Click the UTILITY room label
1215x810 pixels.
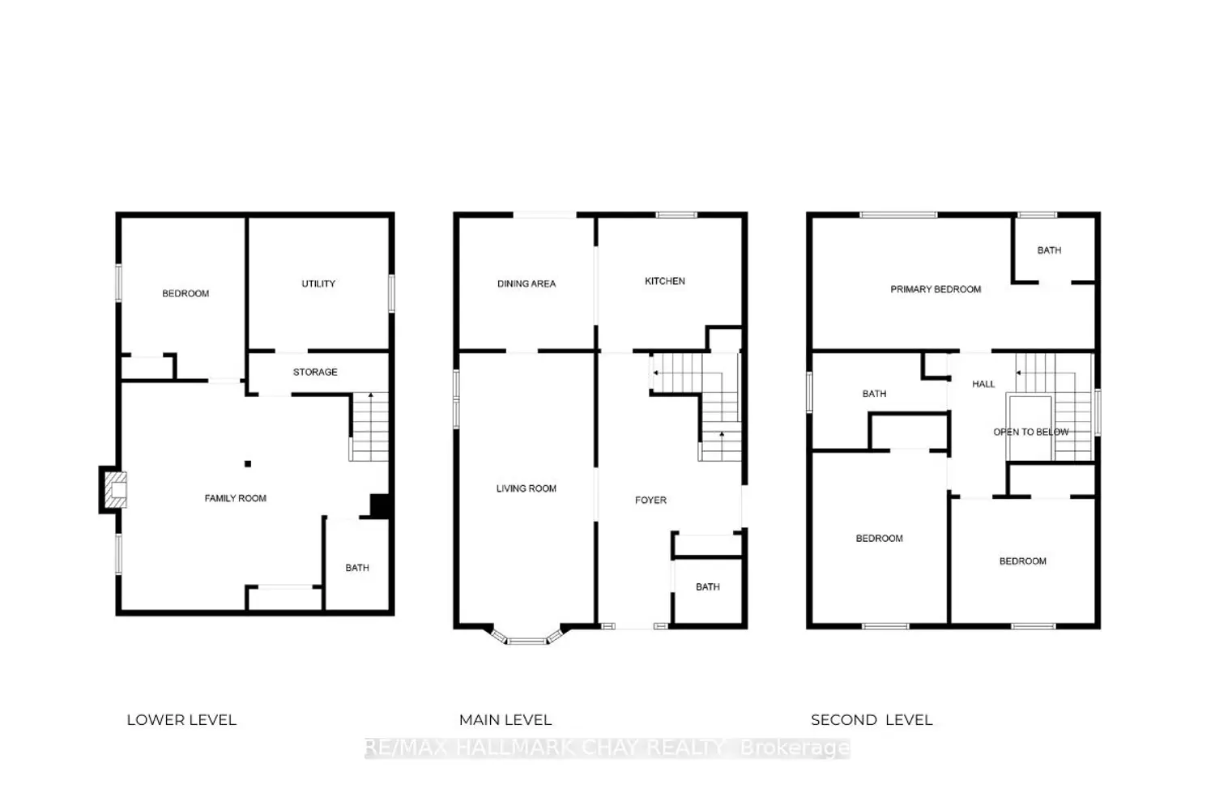(x=318, y=283)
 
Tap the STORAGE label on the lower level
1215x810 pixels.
(x=315, y=372)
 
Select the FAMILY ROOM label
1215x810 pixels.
(x=235, y=498)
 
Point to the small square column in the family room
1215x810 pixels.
(x=248, y=464)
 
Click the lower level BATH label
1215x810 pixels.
(x=357, y=568)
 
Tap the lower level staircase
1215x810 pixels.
(x=370, y=427)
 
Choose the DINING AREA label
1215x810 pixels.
(x=526, y=283)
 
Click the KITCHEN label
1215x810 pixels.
(x=665, y=281)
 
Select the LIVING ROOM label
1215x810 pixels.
(x=526, y=488)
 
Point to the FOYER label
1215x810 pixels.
(x=650, y=501)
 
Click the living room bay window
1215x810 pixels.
(x=526, y=638)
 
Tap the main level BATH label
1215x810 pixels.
(x=708, y=586)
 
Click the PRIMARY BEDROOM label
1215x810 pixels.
(x=936, y=289)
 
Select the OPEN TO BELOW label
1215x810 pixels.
(x=1031, y=432)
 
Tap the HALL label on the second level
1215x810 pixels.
(x=983, y=384)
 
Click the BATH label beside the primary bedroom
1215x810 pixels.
(x=1049, y=250)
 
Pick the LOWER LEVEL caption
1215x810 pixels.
(x=181, y=719)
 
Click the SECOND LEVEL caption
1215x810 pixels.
(x=872, y=719)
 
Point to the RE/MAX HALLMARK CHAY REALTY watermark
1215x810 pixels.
(x=607, y=747)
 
